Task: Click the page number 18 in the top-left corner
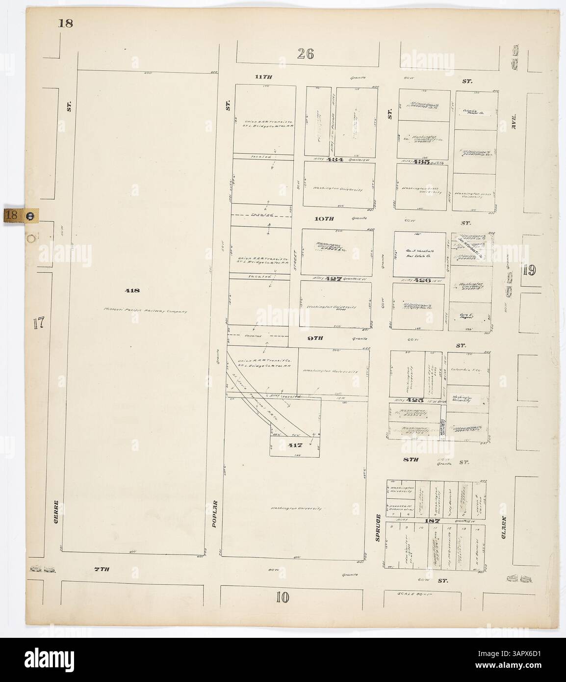pyautogui.click(x=65, y=23)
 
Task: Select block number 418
pyautogui.click(x=133, y=290)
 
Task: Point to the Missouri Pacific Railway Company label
pyautogui.click(x=145, y=310)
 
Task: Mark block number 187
pyautogui.click(x=435, y=521)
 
